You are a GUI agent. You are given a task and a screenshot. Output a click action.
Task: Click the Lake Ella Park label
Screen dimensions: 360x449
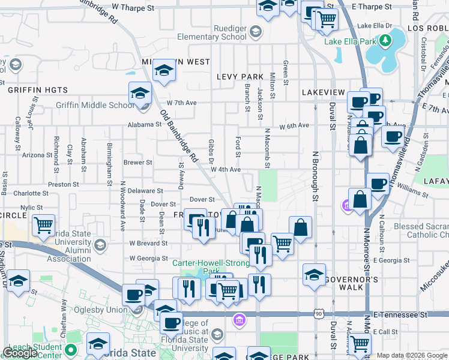pos(350,41)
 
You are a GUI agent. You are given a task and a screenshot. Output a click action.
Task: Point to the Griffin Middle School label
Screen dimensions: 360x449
pos(95,106)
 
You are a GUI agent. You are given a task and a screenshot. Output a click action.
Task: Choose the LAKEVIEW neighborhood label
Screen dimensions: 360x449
pos(324,92)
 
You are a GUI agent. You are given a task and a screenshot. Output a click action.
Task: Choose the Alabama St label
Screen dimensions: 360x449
pos(145,125)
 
